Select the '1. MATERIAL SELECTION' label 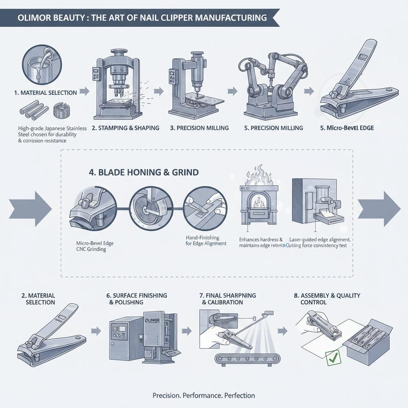[x=45, y=92]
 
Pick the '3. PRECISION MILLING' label [x=199, y=128]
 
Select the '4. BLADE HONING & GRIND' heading [x=143, y=173]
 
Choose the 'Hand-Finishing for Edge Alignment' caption [x=206, y=241]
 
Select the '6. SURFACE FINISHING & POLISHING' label [x=136, y=299]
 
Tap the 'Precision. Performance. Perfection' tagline [x=204, y=396]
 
